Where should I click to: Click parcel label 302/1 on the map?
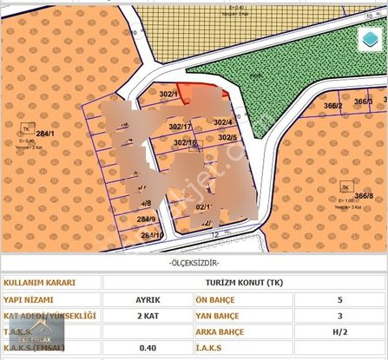point(168,94)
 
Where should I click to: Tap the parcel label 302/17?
point(181,127)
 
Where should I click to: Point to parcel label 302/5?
point(227,138)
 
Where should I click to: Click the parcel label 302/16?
point(184,142)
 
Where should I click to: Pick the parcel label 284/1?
point(46,134)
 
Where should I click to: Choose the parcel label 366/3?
point(364,101)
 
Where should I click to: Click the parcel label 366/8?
point(364,196)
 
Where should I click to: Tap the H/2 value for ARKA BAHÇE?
point(339,331)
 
